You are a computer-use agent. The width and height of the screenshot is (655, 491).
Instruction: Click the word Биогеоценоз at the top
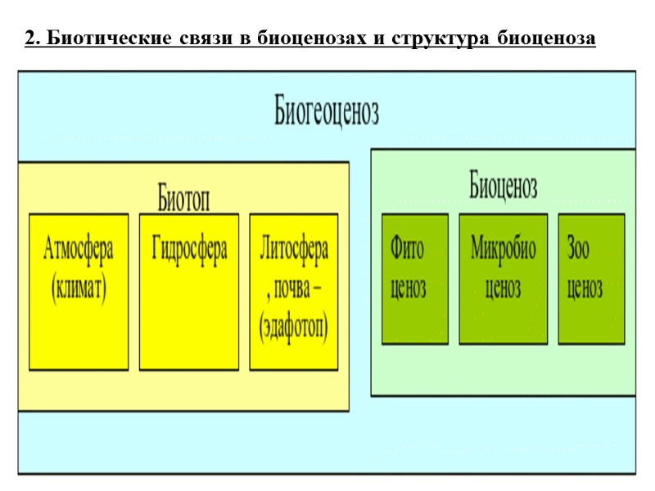click(326, 113)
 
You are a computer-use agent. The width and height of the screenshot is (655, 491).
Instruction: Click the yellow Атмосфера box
click(79, 292)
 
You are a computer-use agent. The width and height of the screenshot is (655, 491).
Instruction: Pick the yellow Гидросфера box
click(189, 292)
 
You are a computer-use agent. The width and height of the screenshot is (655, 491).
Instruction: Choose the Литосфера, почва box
click(294, 292)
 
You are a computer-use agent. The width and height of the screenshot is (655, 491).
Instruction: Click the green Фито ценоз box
click(415, 279)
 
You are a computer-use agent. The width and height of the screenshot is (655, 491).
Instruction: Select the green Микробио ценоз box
click(503, 279)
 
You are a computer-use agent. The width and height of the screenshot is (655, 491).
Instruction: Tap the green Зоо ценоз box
click(591, 279)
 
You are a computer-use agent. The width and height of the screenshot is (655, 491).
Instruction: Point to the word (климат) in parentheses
click(79, 289)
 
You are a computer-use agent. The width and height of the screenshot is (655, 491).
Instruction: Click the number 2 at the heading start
click(30, 38)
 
